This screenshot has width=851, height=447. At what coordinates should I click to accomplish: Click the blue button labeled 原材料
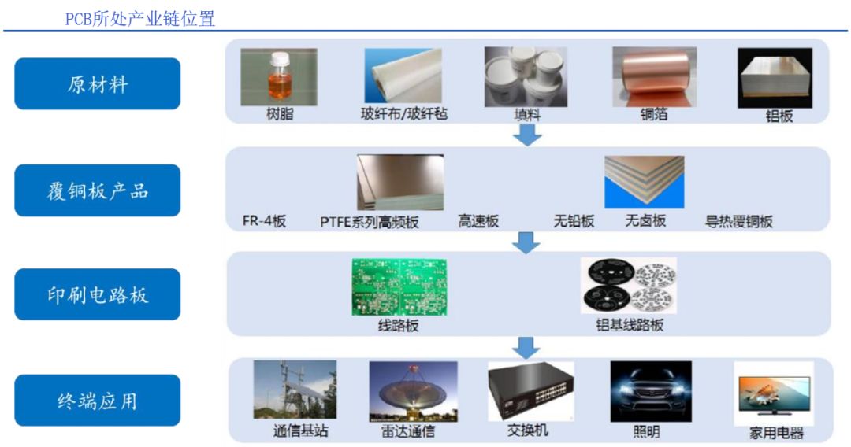pyautogui.click(x=97, y=84)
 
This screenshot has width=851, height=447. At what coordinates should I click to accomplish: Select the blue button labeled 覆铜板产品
pyautogui.click(x=97, y=190)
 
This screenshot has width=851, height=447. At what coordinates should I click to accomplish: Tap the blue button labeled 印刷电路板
pyautogui.click(x=97, y=294)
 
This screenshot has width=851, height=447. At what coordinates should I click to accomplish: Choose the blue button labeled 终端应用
pyautogui.click(x=97, y=400)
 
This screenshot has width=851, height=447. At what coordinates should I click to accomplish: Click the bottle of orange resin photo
pyautogui.click(x=279, y=77)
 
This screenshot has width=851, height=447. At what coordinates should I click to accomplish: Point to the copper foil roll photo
pyautogui.click(x=655, y=77)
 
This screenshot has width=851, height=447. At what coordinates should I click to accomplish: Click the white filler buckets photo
pyautogui.click(x=526, y=77)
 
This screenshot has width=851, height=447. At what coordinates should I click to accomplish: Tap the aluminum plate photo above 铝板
pyautogui.click(x=775, y=78)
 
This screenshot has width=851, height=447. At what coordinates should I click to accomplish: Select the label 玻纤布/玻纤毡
pyautogui.click(x=404, y=114)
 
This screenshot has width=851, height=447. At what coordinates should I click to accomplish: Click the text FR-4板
pyautogui.click(x=264, y=221)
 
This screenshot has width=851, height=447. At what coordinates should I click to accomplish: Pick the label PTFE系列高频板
pyautogui.click(x=370, y=222)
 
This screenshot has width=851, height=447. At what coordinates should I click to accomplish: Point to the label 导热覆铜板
pyautogui.click(x=738, y=221)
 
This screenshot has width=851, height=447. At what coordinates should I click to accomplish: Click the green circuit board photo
pyautogui.click(x=399, y=287)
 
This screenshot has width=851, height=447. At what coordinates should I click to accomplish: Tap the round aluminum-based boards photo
pyautogui.click(x=629, y=286)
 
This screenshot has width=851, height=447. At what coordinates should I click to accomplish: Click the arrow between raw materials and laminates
pyautogui.click(x=527, y=135)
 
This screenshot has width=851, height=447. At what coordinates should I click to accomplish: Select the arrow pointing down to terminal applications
pyautogui.click(x=526, y=347)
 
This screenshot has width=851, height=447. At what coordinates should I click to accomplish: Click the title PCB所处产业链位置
pyautogui.click(x=140, y=19)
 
